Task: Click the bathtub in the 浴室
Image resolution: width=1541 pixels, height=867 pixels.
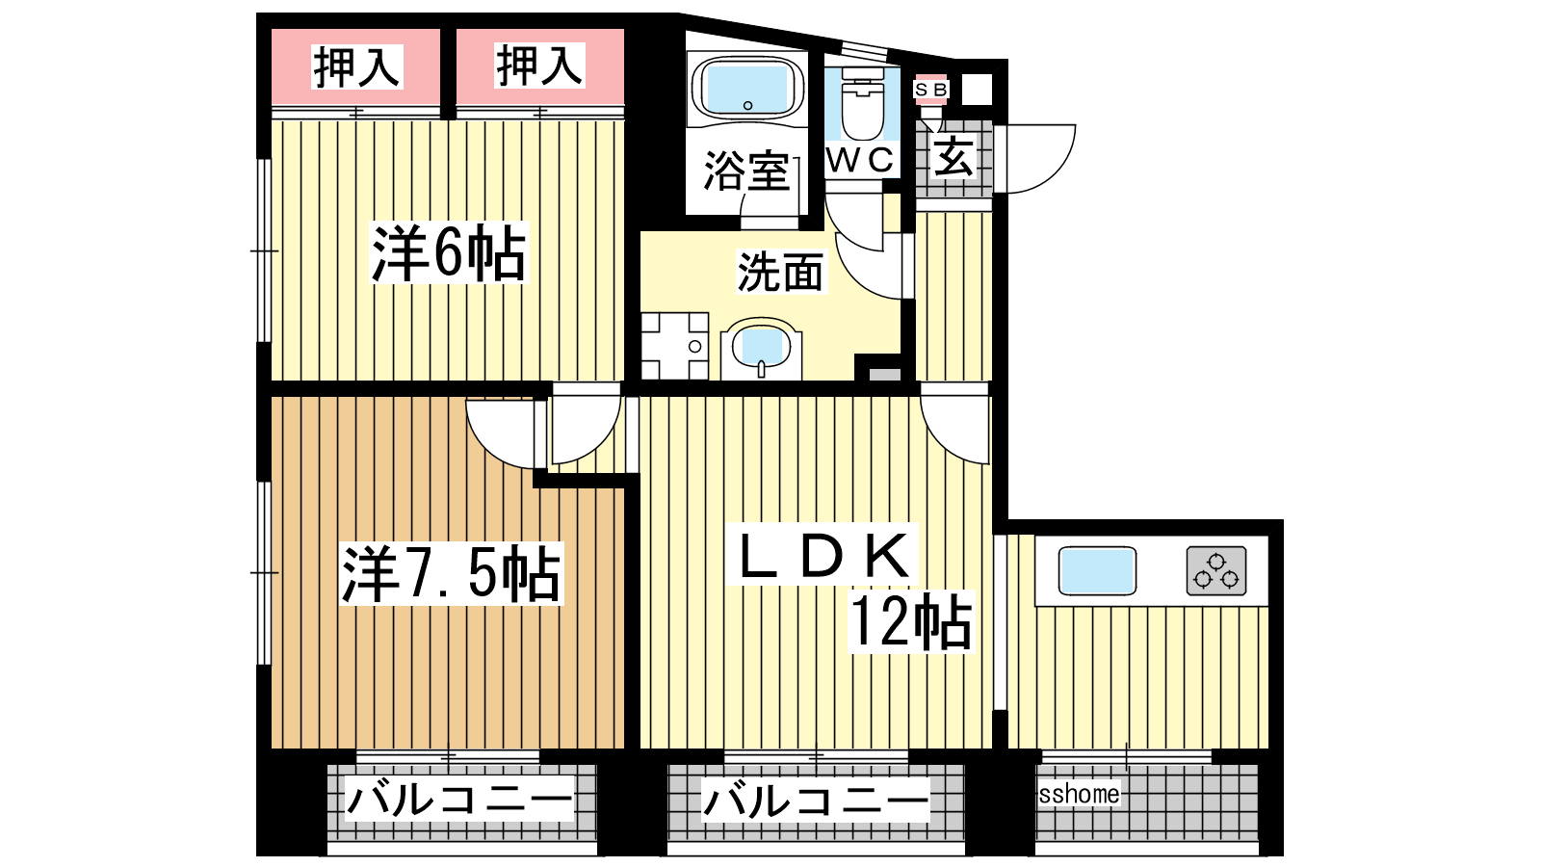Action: [x=747, y=90]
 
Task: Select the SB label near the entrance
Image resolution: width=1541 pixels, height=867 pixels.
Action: [x=930, y=90]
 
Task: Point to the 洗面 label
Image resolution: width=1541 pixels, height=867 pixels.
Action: [x=780, y=272]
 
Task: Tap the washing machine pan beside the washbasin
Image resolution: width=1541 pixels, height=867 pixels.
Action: [x=675, y=346]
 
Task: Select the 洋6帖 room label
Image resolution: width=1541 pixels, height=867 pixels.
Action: [x=449, y=252]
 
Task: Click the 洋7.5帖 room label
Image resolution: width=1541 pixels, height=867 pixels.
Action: [x=452, y=573]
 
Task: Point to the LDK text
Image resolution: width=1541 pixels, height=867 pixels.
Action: [x=823, y=555]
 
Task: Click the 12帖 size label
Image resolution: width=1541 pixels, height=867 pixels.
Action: [x=912, y=621]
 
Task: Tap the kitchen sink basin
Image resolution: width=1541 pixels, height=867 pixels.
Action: [x=1097, y=570]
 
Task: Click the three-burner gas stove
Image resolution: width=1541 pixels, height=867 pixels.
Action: [x=1216, y=570]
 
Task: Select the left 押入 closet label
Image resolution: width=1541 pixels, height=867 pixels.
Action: [x=356, y=66]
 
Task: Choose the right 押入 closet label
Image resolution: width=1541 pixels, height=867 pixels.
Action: [x=539, y=66]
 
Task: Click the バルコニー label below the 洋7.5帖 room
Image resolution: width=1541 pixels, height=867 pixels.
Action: [x=458, y=799]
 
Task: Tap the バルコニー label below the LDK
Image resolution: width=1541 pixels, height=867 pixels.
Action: [x=815, y=801]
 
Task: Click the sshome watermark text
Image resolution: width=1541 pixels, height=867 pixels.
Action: [x=1079, y=794]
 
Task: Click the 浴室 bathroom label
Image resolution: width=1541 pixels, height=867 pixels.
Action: [x=747, y=171]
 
